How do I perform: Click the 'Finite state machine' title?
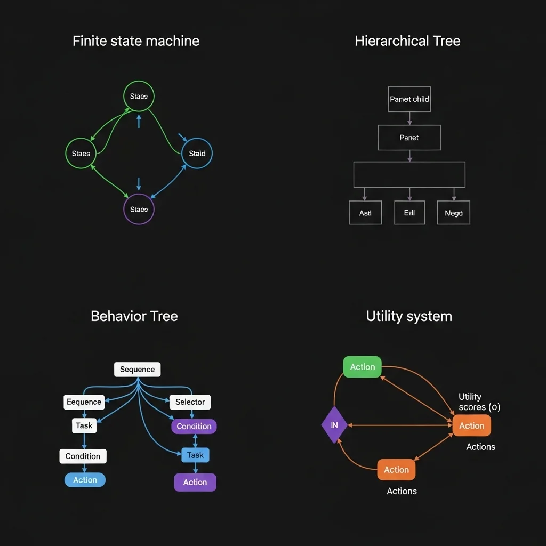(136, 41)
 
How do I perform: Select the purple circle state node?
(139, 209)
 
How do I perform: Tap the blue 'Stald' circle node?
(197, 154)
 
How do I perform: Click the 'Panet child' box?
(409, 99)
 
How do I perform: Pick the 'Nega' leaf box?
(453, 213)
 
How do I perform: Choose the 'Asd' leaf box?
(365, 213)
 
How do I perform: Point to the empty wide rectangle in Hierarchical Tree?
(409, 175)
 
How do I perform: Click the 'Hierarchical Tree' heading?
(407, 41)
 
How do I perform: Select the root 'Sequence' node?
(137, 370)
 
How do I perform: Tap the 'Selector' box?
(190, 402)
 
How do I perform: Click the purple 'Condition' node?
(194, 427)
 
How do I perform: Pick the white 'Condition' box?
(83, 456)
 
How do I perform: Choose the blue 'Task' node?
(195, 455)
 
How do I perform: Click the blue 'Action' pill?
(85, 480)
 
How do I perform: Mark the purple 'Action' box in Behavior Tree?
(195, 483)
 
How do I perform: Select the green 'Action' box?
(362, 367)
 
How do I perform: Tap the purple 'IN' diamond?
(334, 425)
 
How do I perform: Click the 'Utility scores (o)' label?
(479, 402)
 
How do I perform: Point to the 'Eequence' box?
(84, 402)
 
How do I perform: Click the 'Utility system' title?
(409, 316)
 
